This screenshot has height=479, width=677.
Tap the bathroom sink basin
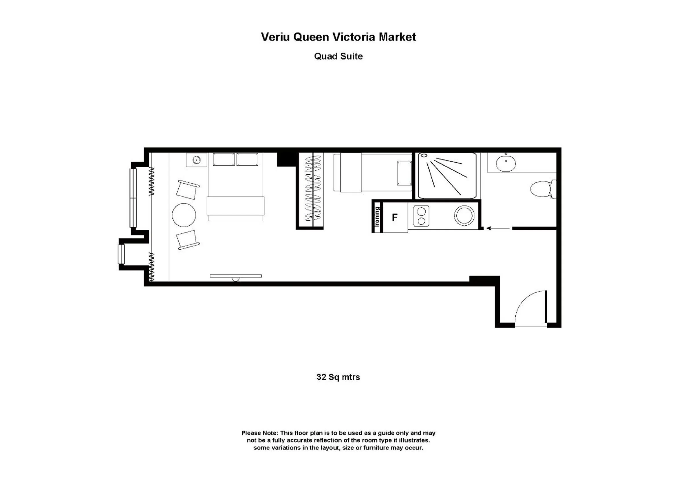click(x=506, y=163)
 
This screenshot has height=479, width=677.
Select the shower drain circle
click(x=424, y=155)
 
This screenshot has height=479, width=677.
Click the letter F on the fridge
click(x=394, y=218)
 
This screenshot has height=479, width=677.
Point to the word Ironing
click(x=377, y=217)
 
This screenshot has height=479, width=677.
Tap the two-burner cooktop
click(x=421, y=216)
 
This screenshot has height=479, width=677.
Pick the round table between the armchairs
click(x=184, y=215)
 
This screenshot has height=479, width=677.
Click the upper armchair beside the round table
click(x=188, y=190)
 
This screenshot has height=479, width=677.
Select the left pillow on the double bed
click(x=224, y=159)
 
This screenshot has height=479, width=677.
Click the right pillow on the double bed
click(x=247, y=159)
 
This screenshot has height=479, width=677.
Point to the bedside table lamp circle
click(x=196, y=160)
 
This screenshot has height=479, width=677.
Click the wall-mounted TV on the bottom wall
click(x=236, y=276)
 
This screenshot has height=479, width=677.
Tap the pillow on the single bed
click(x=404, y=173)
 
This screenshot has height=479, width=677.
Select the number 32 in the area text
click(x=321, y=377)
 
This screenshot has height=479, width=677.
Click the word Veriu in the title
click(x=276, y=37)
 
